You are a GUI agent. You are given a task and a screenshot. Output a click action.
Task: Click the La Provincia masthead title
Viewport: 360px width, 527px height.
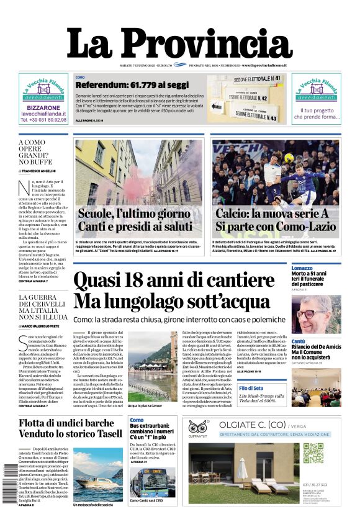point(179,45)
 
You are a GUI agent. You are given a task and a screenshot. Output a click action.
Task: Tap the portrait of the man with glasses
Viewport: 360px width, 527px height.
point(316,314)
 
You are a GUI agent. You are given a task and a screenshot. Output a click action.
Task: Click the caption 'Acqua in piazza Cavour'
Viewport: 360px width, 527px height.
point(145,405)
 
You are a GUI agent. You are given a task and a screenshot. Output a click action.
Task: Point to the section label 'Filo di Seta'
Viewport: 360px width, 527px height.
point(304,388)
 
